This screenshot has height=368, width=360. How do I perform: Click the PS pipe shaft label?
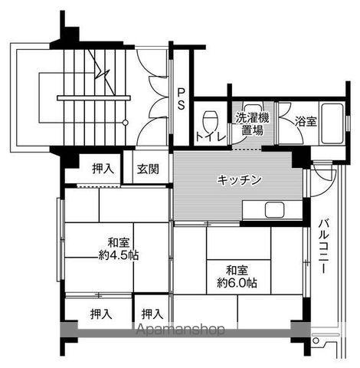pyautogui.click(x=181, y=99)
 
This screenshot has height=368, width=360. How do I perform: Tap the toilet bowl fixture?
pyautogui.click(x=211, y=120)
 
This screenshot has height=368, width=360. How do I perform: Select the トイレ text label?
pyautogui.click(x=211, y=137)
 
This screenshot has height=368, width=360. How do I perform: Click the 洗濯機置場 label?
pyautogui.click(x=252, y=124)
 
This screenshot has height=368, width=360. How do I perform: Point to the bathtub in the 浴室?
pyautogui.click(x=332, y=123)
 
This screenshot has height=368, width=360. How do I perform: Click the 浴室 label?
pyautogui.click(x=306, y=121)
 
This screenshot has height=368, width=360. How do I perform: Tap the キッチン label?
pyautogui.click(x=239, y=180)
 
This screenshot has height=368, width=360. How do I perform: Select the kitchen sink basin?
pyautogui.click(x=274, y=210)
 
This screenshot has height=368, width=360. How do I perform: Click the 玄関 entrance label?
pyautogui.click(x=148, y=169)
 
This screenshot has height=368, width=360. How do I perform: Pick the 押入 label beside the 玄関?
pyautogui.click(x=103, y=169)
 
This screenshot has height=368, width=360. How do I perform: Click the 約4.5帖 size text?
pyautogui.click(x=119, y=255)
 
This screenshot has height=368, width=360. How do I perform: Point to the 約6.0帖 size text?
pyautogui.click(x=237, y=283)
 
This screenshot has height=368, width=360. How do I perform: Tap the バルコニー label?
pyautogui.click(x=323, y=246)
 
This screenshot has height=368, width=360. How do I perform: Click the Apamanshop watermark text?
pyautogui.click(x=181, y=330)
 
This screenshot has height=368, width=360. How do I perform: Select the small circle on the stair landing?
pyautogui.click(x=125, y=123)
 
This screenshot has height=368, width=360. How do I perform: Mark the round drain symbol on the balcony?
pyautogui.click(x=316, y=340)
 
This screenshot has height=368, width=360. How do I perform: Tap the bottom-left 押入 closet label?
pyautogui.click(x=101, y=314)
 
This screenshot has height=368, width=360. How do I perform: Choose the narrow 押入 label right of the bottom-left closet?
pyautogui.click(x=152, y=314)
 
